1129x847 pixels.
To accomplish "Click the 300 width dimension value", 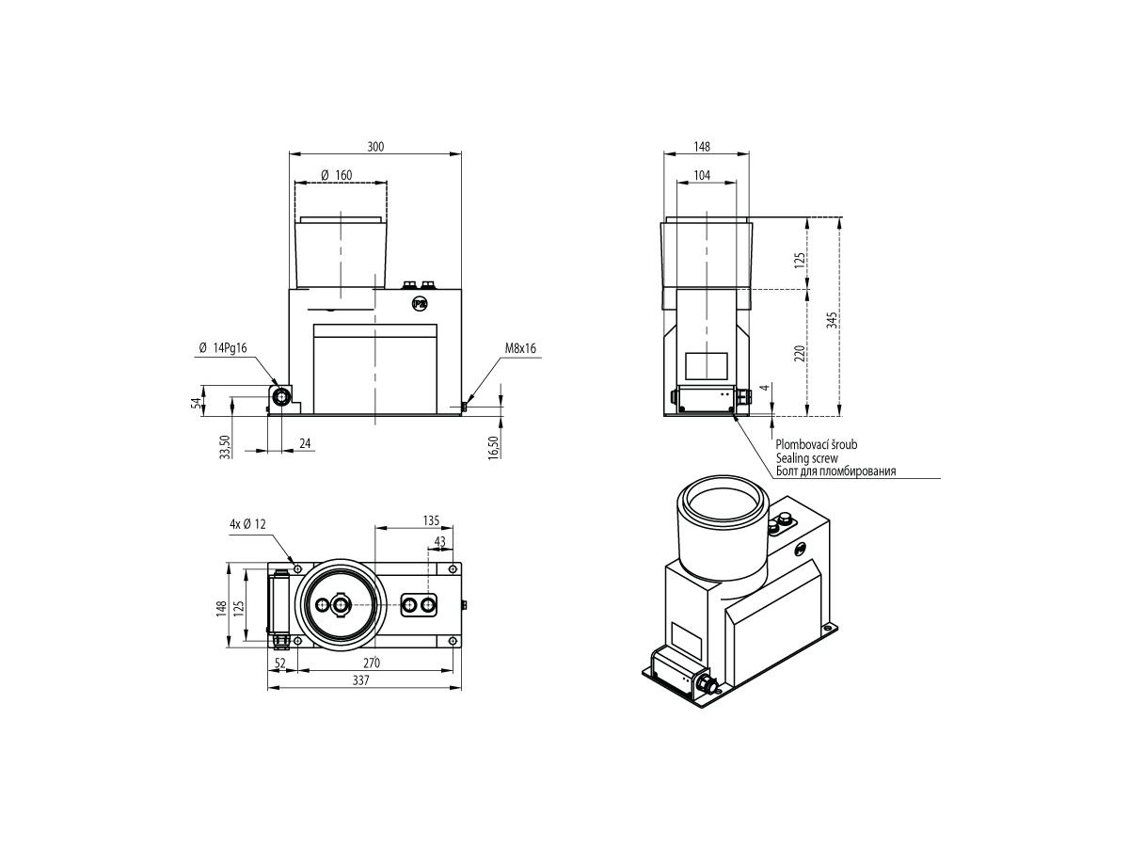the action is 375,147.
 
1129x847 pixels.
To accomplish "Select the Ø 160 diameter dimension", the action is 337,175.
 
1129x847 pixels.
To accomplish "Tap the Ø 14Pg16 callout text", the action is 223,348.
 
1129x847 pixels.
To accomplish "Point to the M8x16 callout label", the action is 520,348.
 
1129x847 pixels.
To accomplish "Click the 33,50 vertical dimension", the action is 225,446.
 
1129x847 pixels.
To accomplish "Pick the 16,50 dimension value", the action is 493,446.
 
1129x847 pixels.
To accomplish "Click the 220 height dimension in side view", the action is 799,353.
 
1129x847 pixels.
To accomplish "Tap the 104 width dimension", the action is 702,175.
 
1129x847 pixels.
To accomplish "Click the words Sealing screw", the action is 806,457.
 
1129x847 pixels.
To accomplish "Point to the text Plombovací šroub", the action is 817,444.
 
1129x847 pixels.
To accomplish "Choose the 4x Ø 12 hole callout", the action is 247,524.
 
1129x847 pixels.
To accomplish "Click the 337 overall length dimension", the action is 360,679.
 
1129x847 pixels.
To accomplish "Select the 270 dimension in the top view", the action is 371,663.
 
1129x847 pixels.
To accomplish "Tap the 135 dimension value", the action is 431,520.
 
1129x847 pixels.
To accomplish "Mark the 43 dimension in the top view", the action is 439,541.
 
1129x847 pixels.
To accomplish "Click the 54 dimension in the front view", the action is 196,403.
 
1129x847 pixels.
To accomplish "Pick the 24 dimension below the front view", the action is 305,443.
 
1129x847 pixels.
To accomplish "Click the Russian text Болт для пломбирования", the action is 835,471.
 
